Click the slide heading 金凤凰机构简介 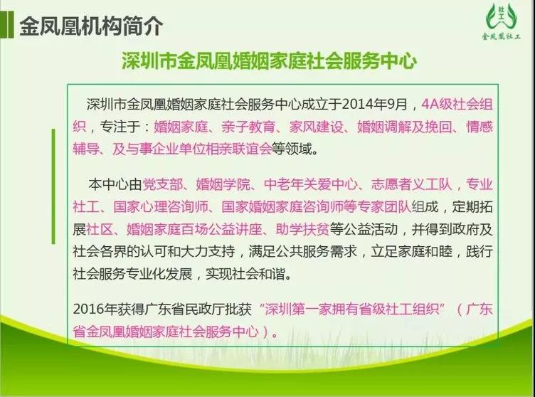tap(92, 26)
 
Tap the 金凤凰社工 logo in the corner tap(502, 22)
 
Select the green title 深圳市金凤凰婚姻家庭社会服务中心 tap(269, 60)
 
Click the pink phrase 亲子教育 tap(248, 127)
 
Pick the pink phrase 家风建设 tap(317, 127)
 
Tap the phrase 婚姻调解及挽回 tap(405, 127)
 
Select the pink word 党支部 tap(162, 184)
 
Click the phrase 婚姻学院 tap(223, 184)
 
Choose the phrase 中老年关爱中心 tap(311, 184)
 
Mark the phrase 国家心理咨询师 tap(161, 207)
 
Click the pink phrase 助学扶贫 tap(302, 229)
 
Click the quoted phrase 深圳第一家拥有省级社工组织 tap(351, 309)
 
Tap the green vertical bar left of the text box tap(53, 186)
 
